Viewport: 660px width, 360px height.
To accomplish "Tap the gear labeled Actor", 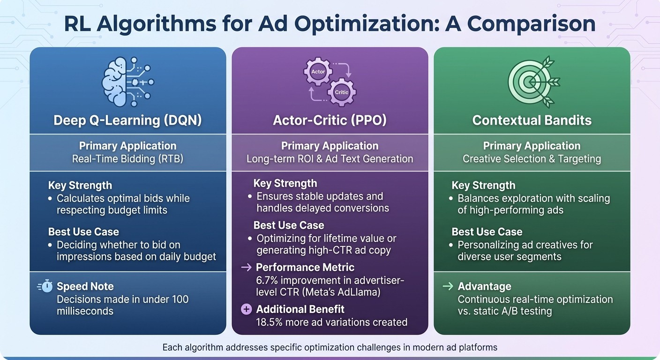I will pos(318,72).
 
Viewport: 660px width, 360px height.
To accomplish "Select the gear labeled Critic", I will pos(341,92).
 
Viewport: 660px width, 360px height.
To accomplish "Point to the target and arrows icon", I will pos(531,82).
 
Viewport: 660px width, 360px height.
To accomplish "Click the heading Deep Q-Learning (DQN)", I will pos(127,120).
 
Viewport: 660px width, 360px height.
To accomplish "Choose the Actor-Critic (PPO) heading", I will pos(330,120).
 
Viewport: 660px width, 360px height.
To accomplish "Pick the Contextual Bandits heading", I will pos(532,120).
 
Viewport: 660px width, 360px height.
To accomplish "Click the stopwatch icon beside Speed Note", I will pos(46,286).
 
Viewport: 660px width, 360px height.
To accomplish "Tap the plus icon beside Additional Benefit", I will pos(246,309).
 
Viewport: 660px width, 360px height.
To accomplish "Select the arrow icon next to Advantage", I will pos(447,286).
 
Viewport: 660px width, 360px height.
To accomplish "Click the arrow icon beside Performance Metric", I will pos(246,268).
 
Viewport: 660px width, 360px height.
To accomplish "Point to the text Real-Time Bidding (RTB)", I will pos(127,159).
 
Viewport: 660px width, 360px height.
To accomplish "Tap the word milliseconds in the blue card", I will pos(85,311).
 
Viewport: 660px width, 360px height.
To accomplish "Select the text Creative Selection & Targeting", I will pos(532,159).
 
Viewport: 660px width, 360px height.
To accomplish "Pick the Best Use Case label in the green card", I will pos(487,232).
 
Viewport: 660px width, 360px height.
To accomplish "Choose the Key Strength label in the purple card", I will pos(285,183).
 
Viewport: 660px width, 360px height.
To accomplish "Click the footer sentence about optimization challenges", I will pos(330,348).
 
